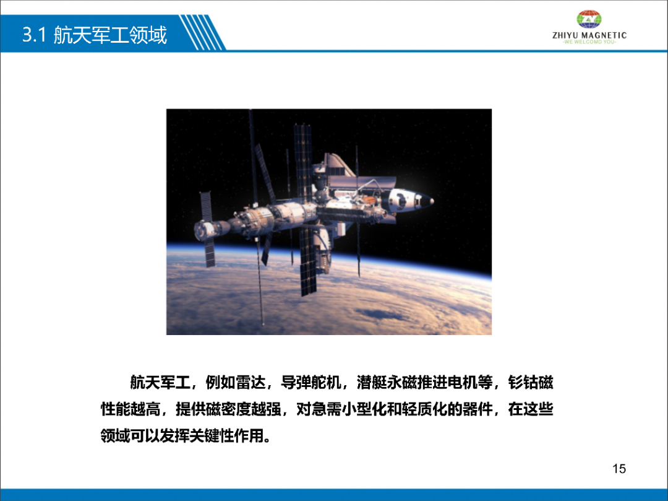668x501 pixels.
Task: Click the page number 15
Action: coord(619,469)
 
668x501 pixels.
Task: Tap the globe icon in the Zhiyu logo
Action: coord(589,19)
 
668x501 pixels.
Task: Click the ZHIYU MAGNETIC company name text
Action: coord(589,35)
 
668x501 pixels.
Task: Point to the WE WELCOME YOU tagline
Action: coord(589,41)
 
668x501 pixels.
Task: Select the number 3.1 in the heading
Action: coord(34,35)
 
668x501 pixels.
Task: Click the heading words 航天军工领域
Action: coord(110,35)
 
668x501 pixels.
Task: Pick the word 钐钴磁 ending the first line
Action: coord(531,383)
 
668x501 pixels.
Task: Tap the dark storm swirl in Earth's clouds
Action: coord(379,314)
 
